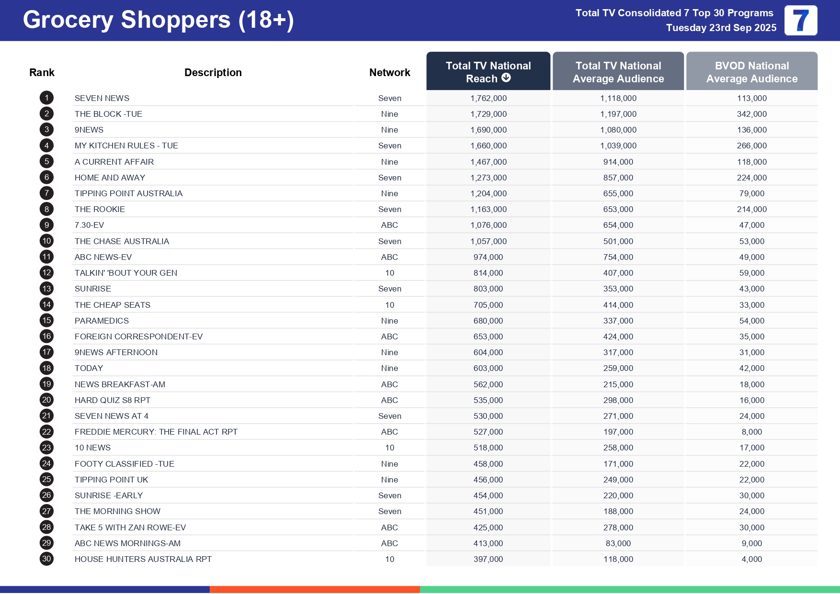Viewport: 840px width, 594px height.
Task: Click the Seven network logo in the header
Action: [801, 21]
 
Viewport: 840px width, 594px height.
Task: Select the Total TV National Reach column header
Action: [488, 72]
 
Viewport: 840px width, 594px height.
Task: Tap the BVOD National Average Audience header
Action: [751, 72]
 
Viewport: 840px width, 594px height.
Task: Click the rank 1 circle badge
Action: [46, 98]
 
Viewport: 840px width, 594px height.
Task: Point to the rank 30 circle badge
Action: [46, 559]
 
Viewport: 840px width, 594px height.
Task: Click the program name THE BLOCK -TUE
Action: [108, 114]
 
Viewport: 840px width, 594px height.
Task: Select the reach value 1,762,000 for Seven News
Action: [488, 98]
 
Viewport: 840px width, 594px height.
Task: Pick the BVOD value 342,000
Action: [751, 114]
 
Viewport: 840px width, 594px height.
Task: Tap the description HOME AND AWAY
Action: [110, 178]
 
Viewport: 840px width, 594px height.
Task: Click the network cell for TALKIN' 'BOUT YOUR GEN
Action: [389, 273]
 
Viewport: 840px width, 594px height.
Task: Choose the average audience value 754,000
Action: [618, 257]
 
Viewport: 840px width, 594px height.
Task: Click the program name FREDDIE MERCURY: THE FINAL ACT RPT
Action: [156, 432]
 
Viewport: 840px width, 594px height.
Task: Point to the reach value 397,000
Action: [488, 559]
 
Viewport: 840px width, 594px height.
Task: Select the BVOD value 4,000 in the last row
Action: [751, 559]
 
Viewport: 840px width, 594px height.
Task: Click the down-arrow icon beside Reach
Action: [506, 78]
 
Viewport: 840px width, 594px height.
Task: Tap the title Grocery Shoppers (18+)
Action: [158, 20]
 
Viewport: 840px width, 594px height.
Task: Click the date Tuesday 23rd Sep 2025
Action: [721, 28]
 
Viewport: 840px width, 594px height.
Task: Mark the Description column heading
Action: [213, 72]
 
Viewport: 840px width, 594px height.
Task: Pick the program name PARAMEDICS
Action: [102, 321]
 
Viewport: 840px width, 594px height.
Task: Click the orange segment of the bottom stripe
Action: [315, 590]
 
